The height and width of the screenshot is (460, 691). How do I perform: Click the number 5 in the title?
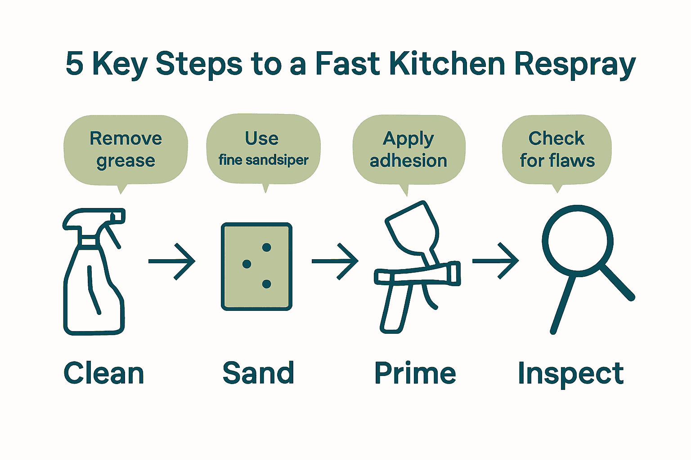click(75, 64)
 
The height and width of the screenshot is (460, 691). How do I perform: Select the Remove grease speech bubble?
click(126, 149)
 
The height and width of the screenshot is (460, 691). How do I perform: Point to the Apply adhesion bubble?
click(408, 149)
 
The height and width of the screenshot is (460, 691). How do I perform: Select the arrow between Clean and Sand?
click(172, 261)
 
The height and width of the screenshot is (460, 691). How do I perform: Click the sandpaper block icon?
click(257, 266)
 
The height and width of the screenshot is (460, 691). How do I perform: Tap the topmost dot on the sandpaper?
click(266, 247)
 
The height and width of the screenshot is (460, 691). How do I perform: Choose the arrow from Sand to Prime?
click(335, 261)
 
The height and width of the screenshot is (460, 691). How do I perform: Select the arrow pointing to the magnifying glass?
click(496, 261)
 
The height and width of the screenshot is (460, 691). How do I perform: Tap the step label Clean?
click(104, 373)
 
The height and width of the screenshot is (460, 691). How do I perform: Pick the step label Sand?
click(258, 373)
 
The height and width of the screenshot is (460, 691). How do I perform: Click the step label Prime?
click(415, 373)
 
